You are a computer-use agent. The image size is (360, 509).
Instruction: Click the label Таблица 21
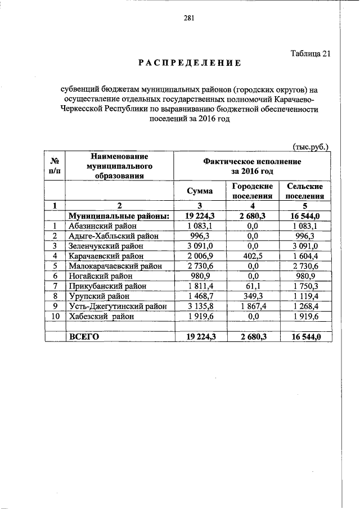point(309,54)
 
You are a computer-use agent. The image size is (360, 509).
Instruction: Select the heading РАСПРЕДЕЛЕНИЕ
point(190,63)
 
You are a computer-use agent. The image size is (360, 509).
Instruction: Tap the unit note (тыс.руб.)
point(311,146)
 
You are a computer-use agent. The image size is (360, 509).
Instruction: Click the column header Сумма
point(200,191)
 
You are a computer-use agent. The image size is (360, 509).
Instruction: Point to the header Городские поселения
point(253,191)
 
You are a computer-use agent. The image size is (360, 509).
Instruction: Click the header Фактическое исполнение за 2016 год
point(252,165)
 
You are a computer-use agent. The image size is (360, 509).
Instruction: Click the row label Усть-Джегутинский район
point(117,306)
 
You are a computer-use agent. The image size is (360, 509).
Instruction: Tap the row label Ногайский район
point(96,276)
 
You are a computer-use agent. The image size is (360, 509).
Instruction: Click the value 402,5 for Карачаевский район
point(253,256)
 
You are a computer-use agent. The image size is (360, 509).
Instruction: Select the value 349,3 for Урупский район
point(253,296)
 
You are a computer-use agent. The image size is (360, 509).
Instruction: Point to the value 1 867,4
point(253,306)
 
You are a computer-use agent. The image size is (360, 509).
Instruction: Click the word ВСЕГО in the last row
point(84,336)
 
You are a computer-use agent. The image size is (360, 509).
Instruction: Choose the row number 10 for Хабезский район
point(56,316)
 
